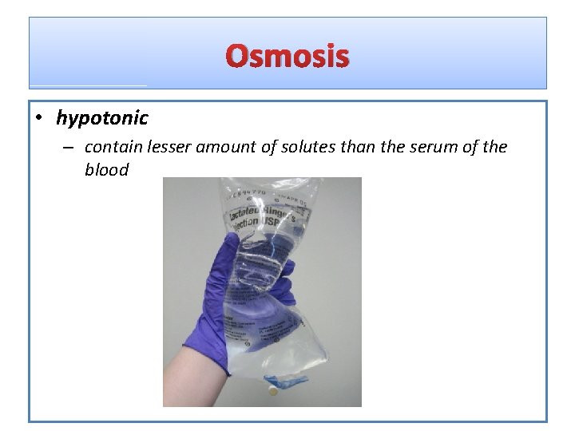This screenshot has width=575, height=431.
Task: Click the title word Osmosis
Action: pyautogui.click(x=287, y=57)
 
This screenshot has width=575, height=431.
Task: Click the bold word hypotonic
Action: pyautogui.click(x=101, y=118)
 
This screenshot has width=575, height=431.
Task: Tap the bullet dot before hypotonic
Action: pyautogui.click(x=38, y=119)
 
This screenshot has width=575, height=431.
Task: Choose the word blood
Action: pyautogui.click(x=106, y=170)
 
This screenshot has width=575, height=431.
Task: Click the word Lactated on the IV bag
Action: pyautogui.click(x=249, y=212)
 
